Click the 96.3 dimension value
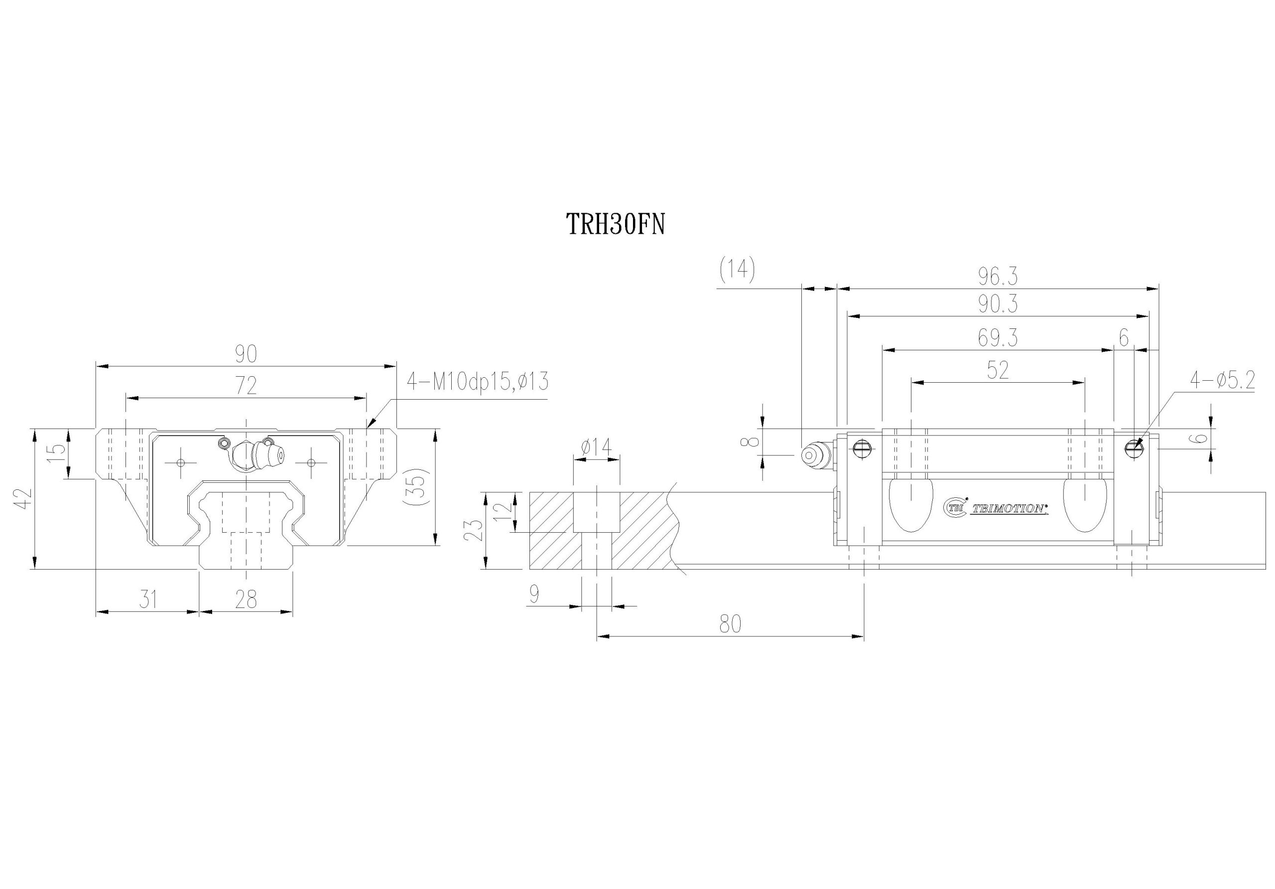click(x=998, y=276)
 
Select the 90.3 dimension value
click(x=998, y=304)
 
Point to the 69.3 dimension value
click(x=998, y=338)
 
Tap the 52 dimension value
click(x=998, y=371)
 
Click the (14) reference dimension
click(x=737, y=271)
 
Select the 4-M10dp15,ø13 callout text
click(x=478, y=382)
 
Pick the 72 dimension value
click(x=246, y=386)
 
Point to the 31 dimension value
click(x=147, y=599)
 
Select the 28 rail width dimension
click(x=246, y=599)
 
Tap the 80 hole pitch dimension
click(x=730, y=624)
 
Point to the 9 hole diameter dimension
click(x=534, y=594)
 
